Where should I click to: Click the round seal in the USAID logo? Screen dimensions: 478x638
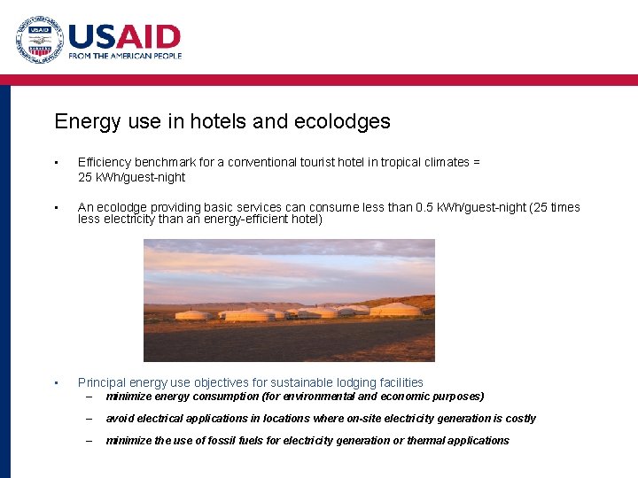pyautogui.click(x=39, y=40)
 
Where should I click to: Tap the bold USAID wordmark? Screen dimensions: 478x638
pyautogui.click(x=124, y=35)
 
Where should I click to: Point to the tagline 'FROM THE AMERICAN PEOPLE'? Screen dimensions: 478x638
pyautogui.click(x=125, y=56)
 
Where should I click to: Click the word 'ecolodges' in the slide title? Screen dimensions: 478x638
pyautogui.click(x=346, y=121)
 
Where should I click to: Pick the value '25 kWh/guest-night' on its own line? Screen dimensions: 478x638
pyautogui.click(x=131, y=177)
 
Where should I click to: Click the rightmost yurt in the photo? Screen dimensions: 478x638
pyautogui.click(x=395, y=310)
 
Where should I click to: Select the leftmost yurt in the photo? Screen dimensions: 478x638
pyautogui.click(x=194, y=314)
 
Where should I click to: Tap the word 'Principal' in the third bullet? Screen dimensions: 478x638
pyautogui.click(x=102, y=382)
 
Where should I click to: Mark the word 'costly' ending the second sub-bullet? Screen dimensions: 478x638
pyautogui.click(x=519, y=419)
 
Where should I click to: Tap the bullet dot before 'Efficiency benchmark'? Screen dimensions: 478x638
pyautogui.click(x=56, y=163)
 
